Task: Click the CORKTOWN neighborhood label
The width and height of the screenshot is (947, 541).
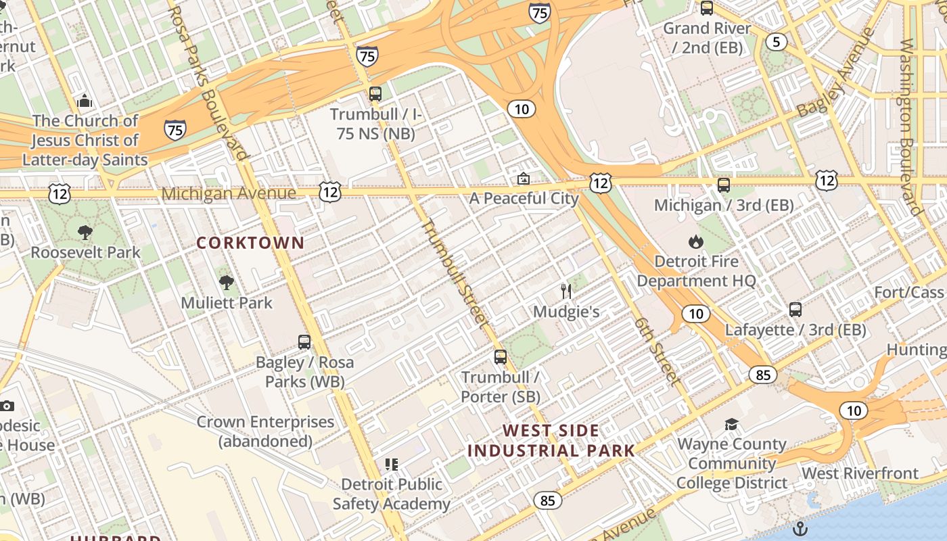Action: pos(250,243)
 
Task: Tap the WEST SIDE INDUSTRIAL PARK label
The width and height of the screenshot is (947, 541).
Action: pos(551,441)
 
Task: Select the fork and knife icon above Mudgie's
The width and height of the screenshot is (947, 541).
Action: pos(567,291)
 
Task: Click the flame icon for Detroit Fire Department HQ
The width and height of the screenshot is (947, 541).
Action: pos(695,241)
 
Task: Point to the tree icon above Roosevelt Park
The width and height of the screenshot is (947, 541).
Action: pos(85,233)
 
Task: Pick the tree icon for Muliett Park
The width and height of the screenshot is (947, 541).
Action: pos(227,283)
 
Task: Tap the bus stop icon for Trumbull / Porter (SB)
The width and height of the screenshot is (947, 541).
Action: pos(501,357)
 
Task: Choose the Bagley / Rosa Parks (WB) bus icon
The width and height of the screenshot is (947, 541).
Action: pos(304,342)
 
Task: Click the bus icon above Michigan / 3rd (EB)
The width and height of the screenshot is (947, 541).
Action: pos(724,185)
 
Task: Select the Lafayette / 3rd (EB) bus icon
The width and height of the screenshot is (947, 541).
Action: pos(795,310)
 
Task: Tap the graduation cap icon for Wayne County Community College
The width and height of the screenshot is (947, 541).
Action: pos(731,425)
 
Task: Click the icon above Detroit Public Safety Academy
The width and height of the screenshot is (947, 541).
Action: pos(392,465)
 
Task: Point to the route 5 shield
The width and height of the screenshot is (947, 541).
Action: pos(776,42)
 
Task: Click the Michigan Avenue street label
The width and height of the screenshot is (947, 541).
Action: pos(228,193)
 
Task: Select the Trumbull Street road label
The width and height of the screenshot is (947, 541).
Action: pos(455,274)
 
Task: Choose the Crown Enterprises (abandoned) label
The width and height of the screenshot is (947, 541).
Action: pos(265,431)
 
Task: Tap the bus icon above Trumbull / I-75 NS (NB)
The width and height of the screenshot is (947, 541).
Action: pos(375,94)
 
